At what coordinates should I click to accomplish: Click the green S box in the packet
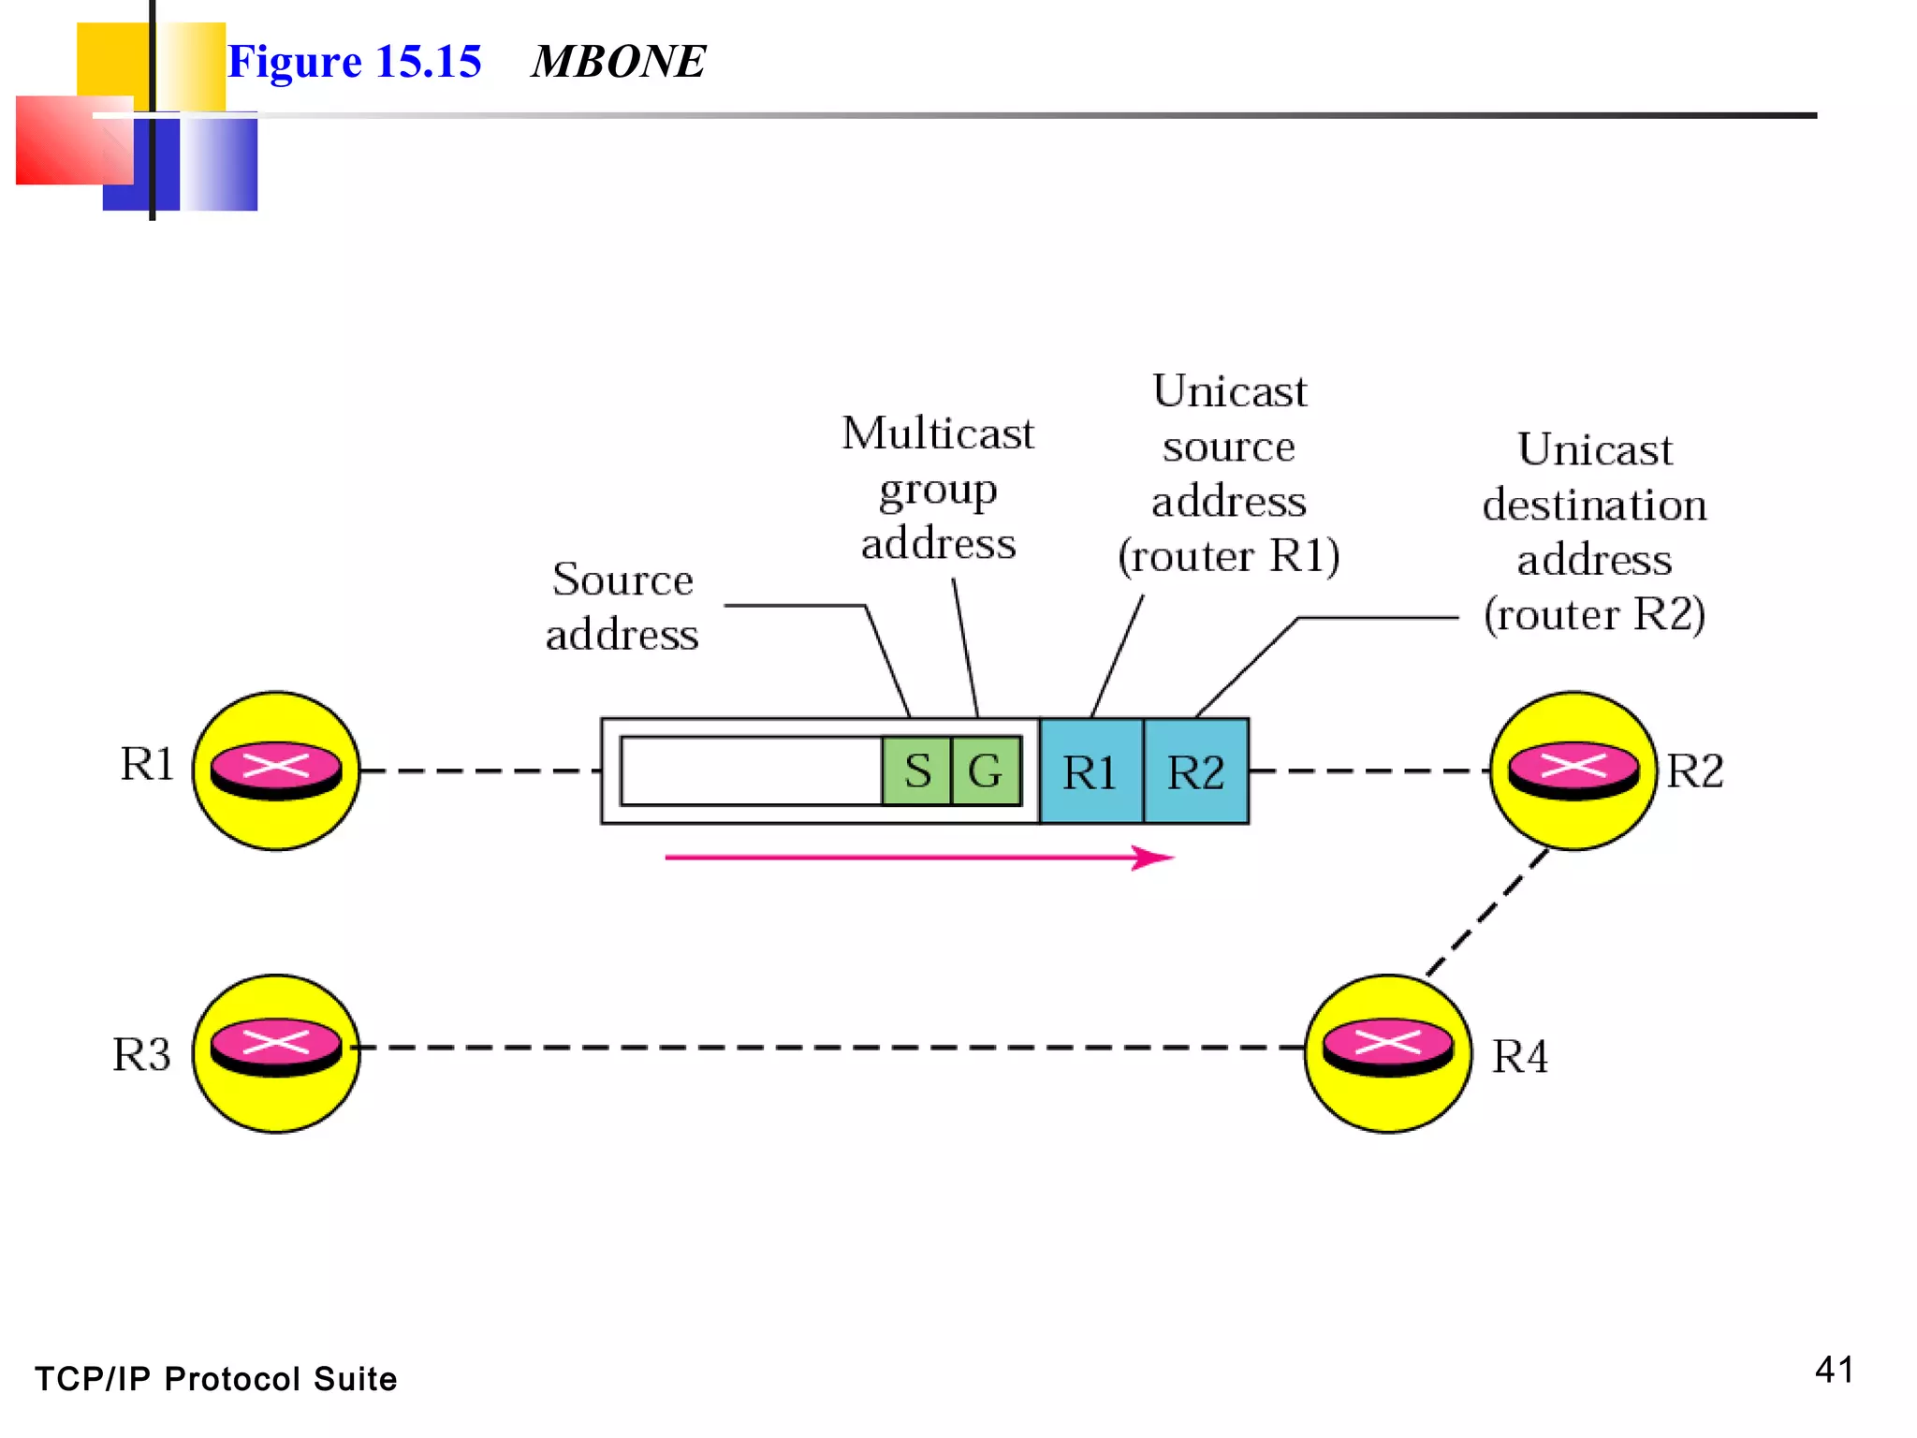click(x=916, y=771)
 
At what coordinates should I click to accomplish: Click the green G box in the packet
click(x=986, y=771)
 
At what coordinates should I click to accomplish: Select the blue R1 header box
click(x=1090, y=771)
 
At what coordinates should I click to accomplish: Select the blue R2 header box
click(x=1196, y=771)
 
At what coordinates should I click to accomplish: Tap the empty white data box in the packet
click(x=751, y=771)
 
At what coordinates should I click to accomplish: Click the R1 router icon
click(x=276, y=771)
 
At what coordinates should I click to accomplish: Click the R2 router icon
click(x=1573, y=771)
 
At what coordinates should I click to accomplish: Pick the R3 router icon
click(x=276, y=1053)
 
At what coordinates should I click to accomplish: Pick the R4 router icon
click(x=1387, y=1053)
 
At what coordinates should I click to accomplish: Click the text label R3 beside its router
click(x=141, y=1055)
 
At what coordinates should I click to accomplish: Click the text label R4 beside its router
click(x=1519, y=1057)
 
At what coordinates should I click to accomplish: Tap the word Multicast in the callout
click(x=938, y=433)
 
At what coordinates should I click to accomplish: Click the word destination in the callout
click(x=1594, y=506)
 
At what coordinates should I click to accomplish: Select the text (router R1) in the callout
click(x=1228, y=556)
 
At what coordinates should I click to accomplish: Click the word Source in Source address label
click(x=622, y=580)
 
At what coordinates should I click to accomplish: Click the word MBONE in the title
click(x=618, y=62)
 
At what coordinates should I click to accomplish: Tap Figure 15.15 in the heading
click(x=354, y=62)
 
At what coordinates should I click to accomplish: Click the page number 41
click(x=1834, y=1370)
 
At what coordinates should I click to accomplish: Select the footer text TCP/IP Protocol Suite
click(x=215, y=1379)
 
